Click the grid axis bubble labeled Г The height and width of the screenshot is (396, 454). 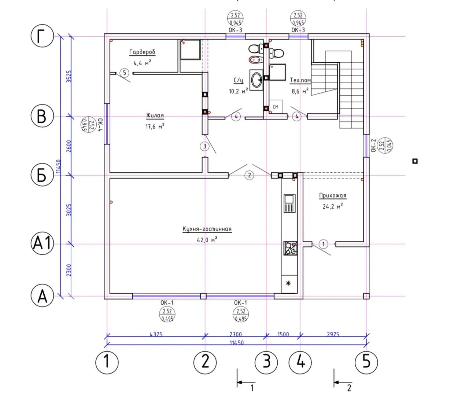point(43,37)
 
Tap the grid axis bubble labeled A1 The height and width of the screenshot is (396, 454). point(42,243)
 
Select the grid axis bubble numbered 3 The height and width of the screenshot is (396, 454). point(266,362)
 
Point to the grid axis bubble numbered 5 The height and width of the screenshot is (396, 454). point(366,362)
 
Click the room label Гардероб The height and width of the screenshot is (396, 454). point(142,52)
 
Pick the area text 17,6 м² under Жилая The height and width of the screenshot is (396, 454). point(155,126)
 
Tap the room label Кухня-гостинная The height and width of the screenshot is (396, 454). point(207,229)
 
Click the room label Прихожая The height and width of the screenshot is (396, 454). point(332,196)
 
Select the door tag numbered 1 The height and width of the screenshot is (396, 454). point(323,244)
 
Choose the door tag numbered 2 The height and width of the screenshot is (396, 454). point(249,175)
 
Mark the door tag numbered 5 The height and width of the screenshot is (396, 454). point(124,73)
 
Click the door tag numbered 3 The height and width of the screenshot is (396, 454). point(204,146)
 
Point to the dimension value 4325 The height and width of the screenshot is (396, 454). point(156,334)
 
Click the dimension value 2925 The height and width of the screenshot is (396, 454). point(333,334)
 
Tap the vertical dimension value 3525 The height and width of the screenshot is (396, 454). point(69,76)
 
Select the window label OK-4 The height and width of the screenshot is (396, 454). point(101,125)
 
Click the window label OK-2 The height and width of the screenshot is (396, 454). point(373,146)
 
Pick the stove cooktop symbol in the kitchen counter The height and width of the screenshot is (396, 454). point(291,248)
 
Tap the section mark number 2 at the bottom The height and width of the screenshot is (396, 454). point(349,388)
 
